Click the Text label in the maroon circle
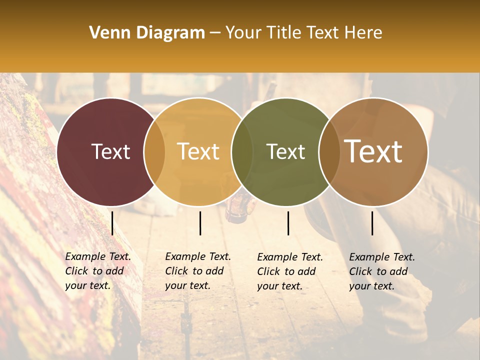click(x=110, y=151)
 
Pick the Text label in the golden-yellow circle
click(x=198, y=151)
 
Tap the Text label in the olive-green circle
click(x=286, y=151)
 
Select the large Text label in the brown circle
click(x=373, y=151)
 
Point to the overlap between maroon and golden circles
click(x=154, y=151)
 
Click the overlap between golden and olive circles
click(x=242, y=151)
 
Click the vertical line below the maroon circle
click(x=112, y=223)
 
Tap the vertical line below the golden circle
click(x=200, y=223)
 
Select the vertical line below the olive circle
click(x=288, y=223)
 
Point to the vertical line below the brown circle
click(x=372, y=223)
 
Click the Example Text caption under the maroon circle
click(x=98, y=271)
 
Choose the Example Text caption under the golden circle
click(x=198, y=271)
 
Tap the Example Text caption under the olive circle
click(x=290, y=271)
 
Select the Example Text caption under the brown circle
click(x=382, y=271)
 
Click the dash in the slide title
click(x=215, y=33)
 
